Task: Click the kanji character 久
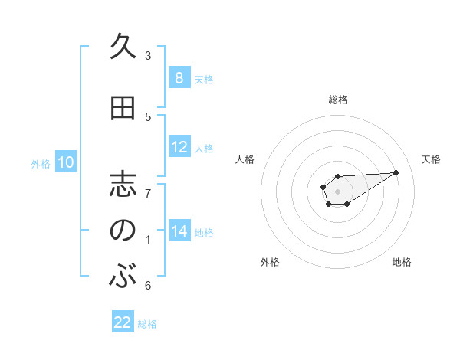[x=123, y=47]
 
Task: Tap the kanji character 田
[x=123, y=108]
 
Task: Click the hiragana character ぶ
[x=123, y=277]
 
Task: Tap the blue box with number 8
[x=179, y=78]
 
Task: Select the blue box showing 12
[x=179, y=147]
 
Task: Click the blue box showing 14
[x=179, y=231]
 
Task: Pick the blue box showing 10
[x=65, y=162]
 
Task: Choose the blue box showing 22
[x=123, y=322]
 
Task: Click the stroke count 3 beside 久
[x=148, y=56]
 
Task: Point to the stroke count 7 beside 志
[x=148, y=194]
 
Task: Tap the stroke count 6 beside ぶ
[x=148, y=286]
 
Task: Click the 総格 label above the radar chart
[x=338, y=100]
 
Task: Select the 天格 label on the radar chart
[x=431, y=159]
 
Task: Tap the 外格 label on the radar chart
[x=270, y=262]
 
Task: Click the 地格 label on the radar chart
[x=402, y=262]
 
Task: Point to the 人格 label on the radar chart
[x=245, y=159]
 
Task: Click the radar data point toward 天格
[x=396, y=172]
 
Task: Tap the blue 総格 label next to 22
[x=147, y=324]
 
